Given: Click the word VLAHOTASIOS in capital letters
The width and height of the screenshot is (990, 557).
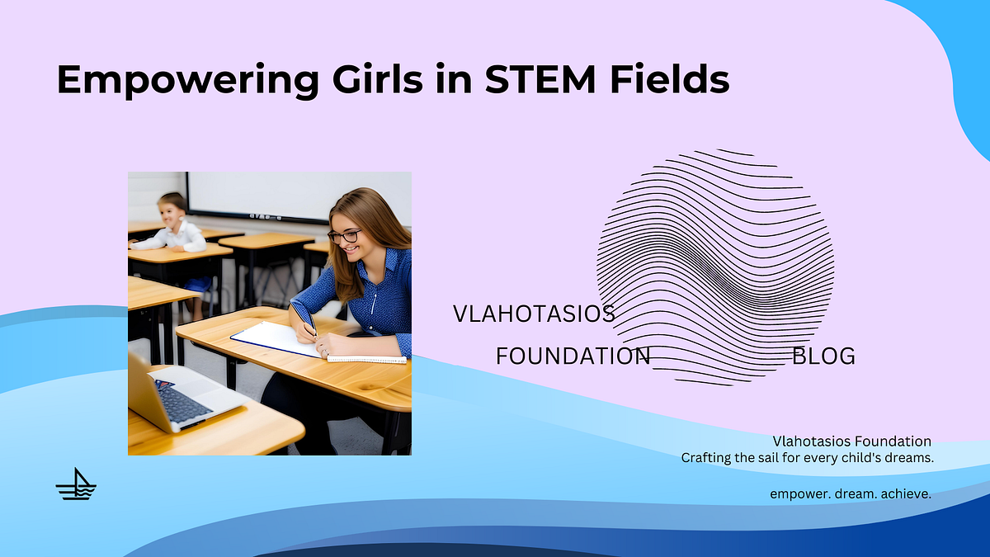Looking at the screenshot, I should (x=534, y=314).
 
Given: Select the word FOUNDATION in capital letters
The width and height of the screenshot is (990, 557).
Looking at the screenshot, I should (x=573, y=356).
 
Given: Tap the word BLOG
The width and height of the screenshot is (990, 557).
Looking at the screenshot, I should (x=823, y=356).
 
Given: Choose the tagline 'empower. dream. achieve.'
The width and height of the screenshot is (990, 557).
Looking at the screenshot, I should (x=851, y=493).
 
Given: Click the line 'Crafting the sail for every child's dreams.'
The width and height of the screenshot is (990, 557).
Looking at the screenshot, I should (x=807, y=457).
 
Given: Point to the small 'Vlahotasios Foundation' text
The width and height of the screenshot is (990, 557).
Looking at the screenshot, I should (x=852, y=441).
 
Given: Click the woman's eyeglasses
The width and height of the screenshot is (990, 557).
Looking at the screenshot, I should (x=345, y=236).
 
